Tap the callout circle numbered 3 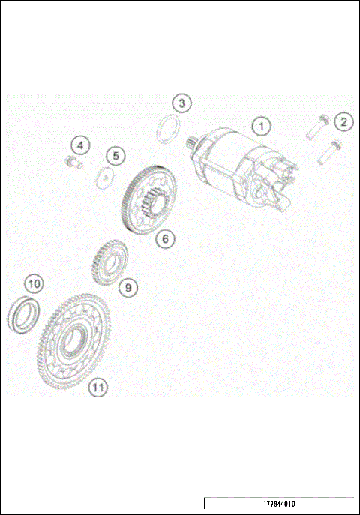click(x=182, y=102)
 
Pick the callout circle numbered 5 click(x=115, y=156)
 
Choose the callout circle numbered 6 click(x=165, y=239)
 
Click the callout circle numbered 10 click(x=34, y=284)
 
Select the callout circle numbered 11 click(x=97, y=387)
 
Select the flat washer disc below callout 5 click(x=106, y=178)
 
